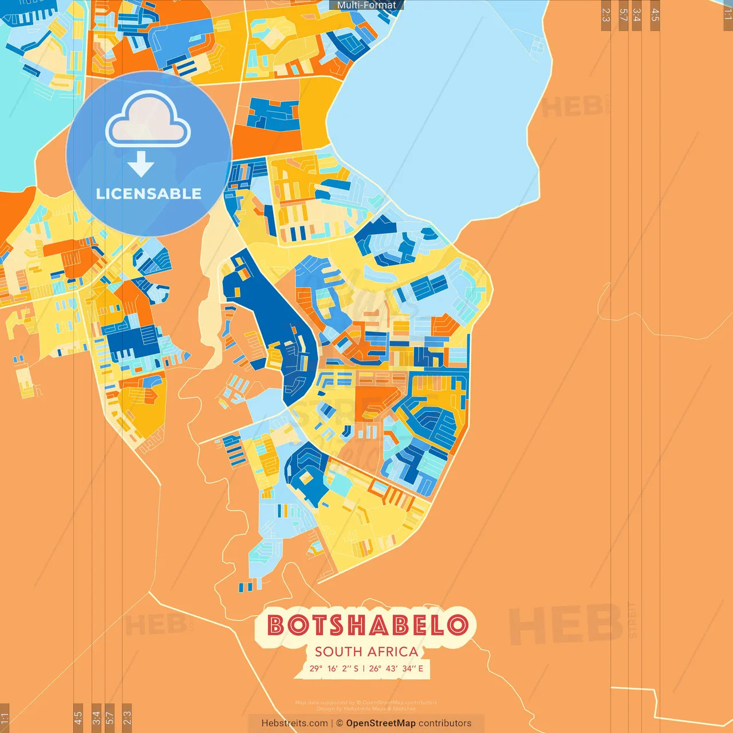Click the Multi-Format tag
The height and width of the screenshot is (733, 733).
tap(366, 5)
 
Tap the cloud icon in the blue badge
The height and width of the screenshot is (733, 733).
tap(148, 120)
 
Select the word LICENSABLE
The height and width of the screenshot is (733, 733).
tap(149, 194)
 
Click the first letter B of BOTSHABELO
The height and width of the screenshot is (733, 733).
tap(277, 625)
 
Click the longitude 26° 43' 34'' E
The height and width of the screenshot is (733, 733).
tap(396, 668)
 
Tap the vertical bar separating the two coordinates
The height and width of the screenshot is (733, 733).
tap(364, 668)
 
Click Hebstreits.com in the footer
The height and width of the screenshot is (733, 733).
tap(294, 723)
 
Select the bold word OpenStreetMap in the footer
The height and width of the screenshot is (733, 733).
tap(381, 723)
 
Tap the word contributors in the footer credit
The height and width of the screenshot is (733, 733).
tap(445, 723)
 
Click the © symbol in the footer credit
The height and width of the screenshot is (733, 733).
tap(340, 723)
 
